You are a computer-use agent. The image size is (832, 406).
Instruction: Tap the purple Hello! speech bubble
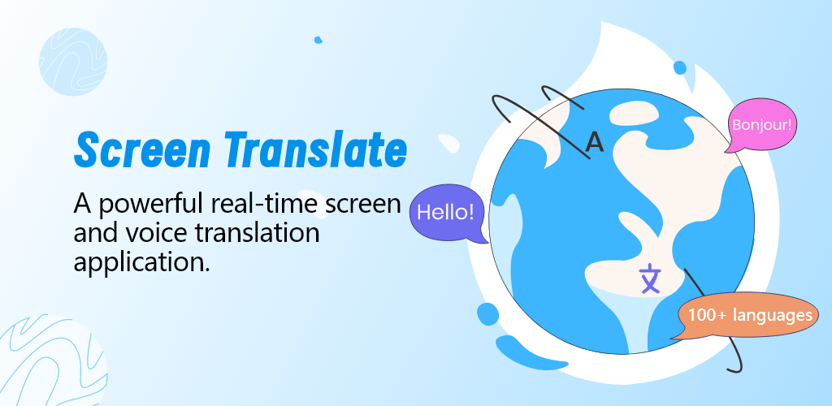point(448,214)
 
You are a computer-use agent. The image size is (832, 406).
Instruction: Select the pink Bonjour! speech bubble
point(761,126)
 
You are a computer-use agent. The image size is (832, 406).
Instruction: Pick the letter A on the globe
point(595,142)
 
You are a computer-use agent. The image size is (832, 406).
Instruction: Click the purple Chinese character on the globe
point(650,279)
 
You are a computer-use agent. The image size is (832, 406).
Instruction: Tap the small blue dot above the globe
point(680,67)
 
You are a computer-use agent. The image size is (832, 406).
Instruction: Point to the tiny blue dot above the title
point(318,40)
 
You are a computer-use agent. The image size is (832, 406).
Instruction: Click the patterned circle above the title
point(73,62)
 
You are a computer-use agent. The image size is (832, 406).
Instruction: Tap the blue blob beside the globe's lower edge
point(487,313)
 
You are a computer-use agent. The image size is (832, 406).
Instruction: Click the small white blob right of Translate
point(448,143)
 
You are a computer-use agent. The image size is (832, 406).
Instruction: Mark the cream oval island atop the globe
point(634,114)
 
